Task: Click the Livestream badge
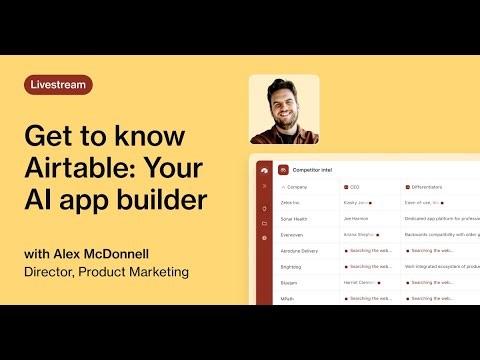pos(58,85)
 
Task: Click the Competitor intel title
pos(314,170)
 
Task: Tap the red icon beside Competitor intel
pos(283,170)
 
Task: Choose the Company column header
pos(298,187)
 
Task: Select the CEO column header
pos(354,187)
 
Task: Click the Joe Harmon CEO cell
pos(357,218)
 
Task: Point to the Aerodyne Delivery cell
pos(301,250)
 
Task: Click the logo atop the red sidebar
pos(263,170)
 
